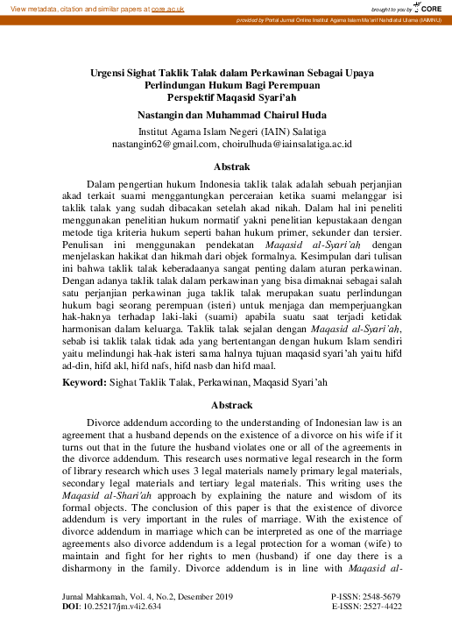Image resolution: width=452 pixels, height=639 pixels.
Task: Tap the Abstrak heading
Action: click(226, 165)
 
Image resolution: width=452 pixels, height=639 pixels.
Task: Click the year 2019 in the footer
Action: click(223, 597)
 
